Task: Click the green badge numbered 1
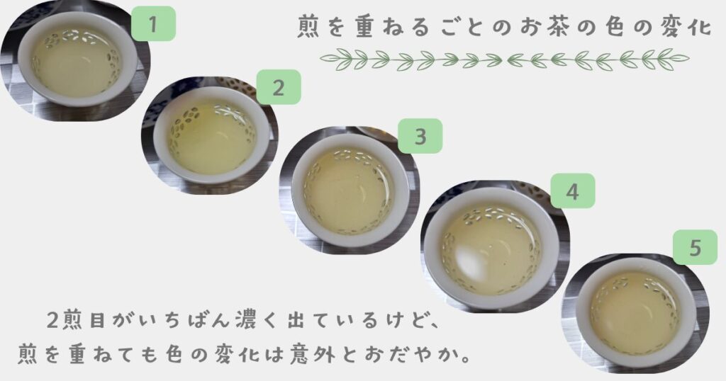point(153,23)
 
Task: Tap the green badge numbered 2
point(278,87)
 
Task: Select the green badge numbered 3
point(420,137)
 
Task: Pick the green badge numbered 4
point(572,190)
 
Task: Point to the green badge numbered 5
point(695,247)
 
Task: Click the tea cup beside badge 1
point(78,59)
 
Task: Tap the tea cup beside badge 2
point(211,135)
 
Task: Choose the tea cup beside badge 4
point(492,247)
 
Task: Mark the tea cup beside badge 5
point(636,312)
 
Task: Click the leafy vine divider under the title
point(505,59)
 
